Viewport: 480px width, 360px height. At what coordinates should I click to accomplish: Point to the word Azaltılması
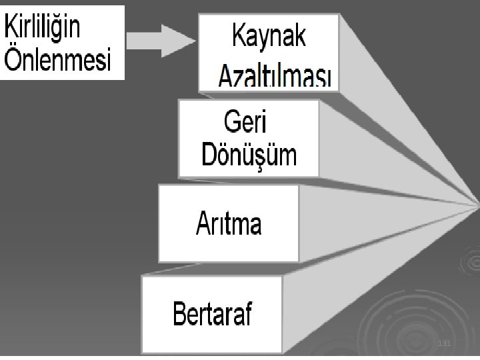point(275,78)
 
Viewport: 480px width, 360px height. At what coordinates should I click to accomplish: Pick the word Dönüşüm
point(249,155)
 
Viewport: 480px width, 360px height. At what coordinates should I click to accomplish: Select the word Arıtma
point(229,223)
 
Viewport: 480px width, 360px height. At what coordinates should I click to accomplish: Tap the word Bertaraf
point(213,313)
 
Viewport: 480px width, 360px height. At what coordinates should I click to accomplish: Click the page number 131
point(445,343)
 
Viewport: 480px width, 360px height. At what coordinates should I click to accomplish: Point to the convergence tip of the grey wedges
point(477,200)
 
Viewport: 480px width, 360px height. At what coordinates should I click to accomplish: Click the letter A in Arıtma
point(203,223)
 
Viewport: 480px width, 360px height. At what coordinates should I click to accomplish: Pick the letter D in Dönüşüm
point(210,156)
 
